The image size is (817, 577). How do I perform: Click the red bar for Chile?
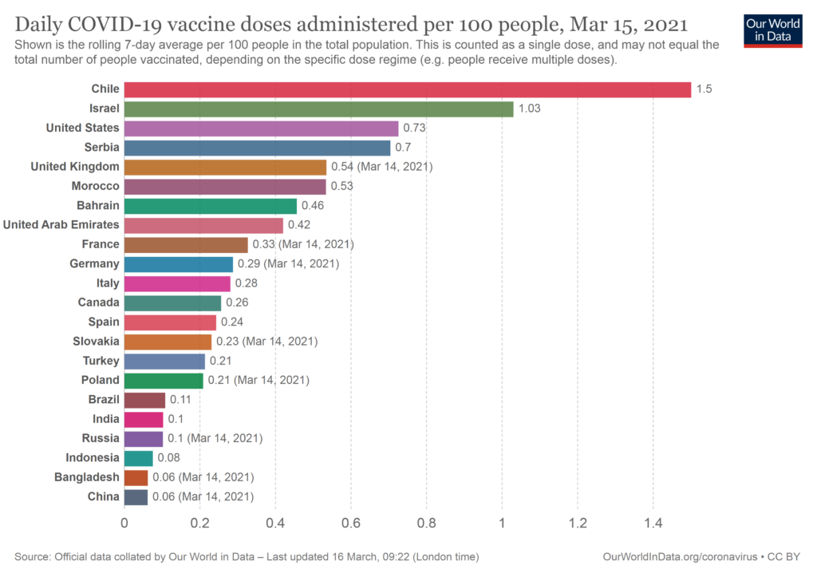[407, 89]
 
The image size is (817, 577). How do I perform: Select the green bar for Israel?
[318, 109]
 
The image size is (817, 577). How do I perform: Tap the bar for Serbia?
[257, 148]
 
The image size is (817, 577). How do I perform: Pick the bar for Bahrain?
[211, 206]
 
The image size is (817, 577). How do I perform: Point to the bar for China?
[136, 496]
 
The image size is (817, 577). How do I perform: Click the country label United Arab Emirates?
[61, 225]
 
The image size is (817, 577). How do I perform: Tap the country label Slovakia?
[96, 342]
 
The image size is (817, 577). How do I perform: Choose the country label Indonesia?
[93, 458]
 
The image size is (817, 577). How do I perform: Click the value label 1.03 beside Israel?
[530, 109]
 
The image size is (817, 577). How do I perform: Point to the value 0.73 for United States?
[414, 128]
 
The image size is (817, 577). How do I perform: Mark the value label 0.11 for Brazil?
[180, 400]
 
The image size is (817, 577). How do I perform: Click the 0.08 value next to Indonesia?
[168, 458]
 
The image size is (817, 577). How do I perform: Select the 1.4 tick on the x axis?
[653, 524]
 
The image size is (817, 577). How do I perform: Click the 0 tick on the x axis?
[124, 524]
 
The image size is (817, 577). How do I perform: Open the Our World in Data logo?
[772, 30]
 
